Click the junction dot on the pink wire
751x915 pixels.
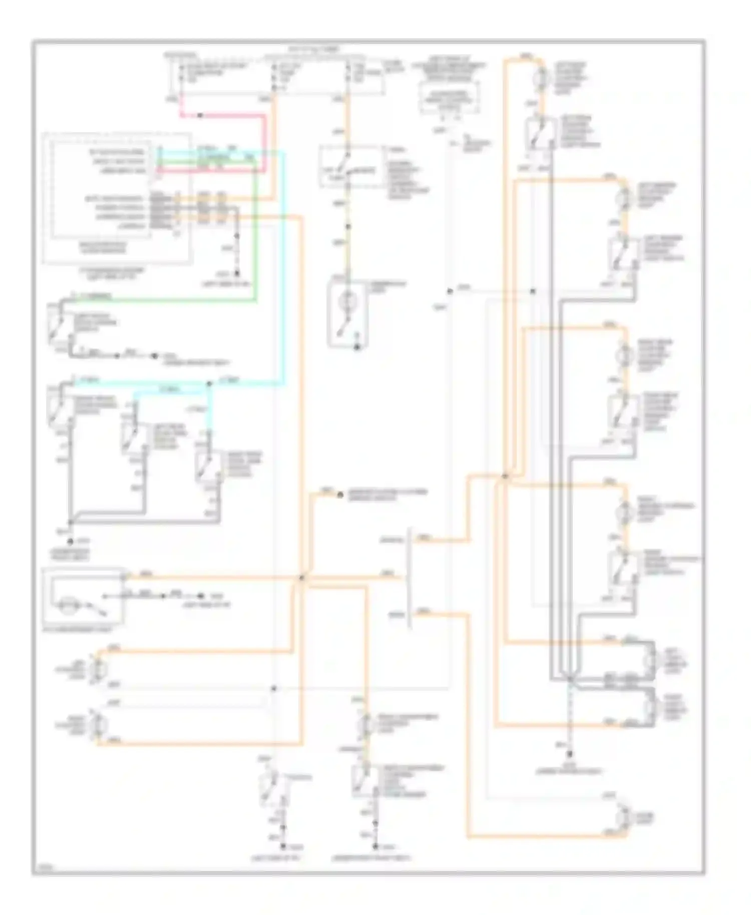(x=200, y=116)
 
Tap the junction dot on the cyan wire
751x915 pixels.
(x=208, y=384)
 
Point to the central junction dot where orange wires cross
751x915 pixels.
(x=301, y=578)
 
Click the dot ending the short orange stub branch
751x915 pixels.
(x=340, y=495)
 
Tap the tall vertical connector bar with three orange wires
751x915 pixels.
(x=411, y=578)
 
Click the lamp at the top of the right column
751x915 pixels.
(x=540, y=76)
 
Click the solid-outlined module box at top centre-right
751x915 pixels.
(x=449, y=96)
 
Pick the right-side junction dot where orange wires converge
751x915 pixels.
(x=505, y=477)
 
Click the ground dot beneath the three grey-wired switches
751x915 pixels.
(x=71, y=542)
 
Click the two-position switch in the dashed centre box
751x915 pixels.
(x=342, y=166)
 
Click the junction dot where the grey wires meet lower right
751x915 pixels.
(x=570, y=679)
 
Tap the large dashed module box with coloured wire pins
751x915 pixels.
(x=117, y=198)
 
